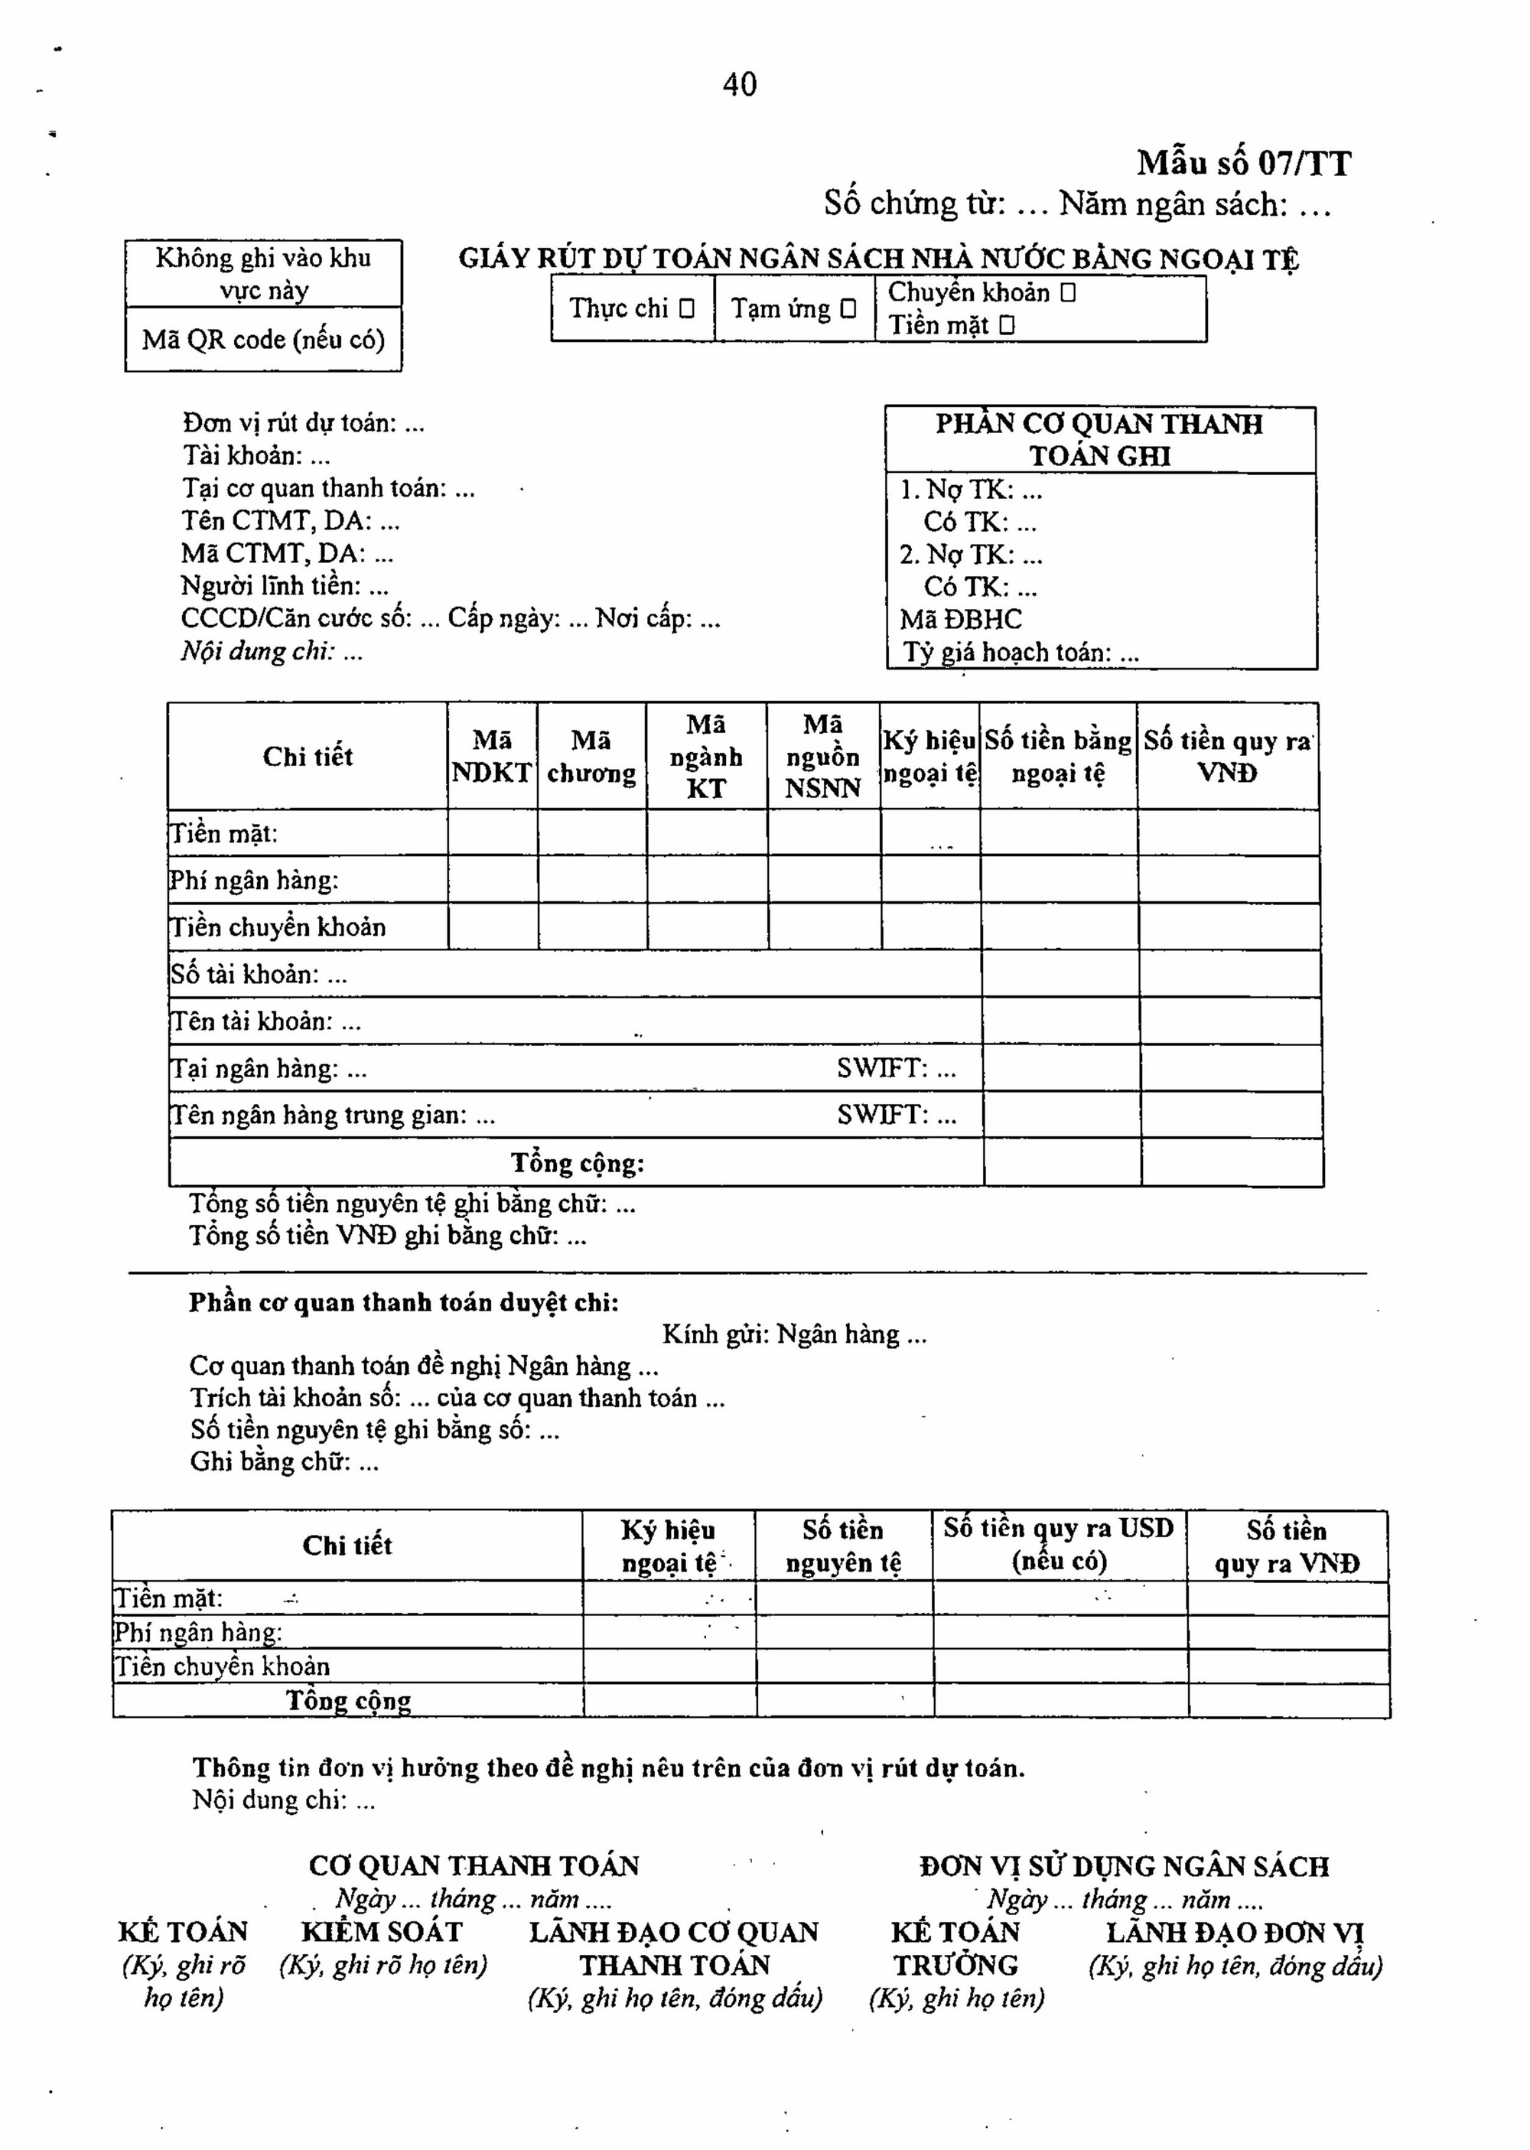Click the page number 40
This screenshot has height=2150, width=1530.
[x=740, y=85]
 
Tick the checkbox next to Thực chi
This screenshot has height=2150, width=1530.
[x=687, y=308]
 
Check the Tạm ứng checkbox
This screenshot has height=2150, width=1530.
[x=848, y=308]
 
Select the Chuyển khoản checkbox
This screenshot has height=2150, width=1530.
[x=1067, y=293]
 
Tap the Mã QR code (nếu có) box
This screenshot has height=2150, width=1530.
[x=264, y=339]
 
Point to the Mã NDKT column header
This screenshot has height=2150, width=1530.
[x=492, y=757]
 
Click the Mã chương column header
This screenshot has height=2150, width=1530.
[x=591, y=757]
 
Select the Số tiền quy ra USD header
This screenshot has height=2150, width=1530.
[x=1059, y=1545]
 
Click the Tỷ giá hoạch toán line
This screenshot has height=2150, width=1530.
[x=1021, y=652]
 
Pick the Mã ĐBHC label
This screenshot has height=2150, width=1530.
[x=960, y=619]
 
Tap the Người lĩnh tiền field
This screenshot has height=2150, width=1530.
[x=285, y=586]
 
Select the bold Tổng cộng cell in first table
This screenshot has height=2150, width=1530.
[x=578, y=1163]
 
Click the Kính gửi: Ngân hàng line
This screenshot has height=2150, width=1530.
[x=793, y=1334]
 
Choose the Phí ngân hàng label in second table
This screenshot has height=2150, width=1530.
[x=199, y=1632]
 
